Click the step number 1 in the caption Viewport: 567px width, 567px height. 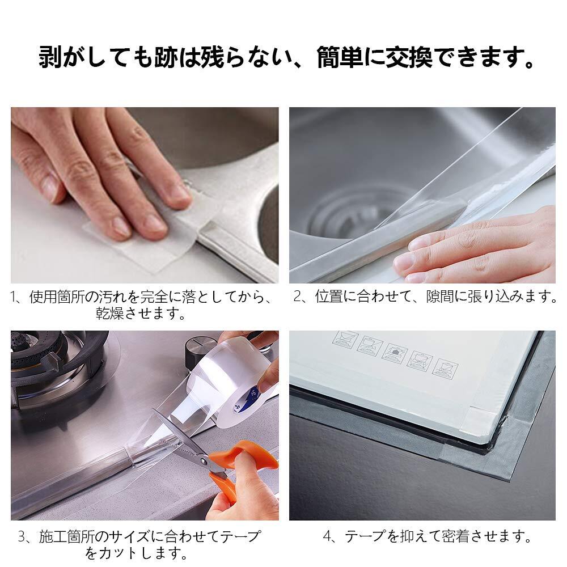coord(14,297)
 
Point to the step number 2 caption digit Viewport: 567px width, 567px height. coord(298,297)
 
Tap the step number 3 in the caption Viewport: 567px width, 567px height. coord(23,536)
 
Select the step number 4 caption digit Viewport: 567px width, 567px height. coord(327,536)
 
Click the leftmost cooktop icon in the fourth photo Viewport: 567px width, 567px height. coord(345,340)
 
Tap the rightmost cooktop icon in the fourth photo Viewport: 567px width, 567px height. coord(446,369)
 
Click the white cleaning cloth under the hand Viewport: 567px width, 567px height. coord(148,231)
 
